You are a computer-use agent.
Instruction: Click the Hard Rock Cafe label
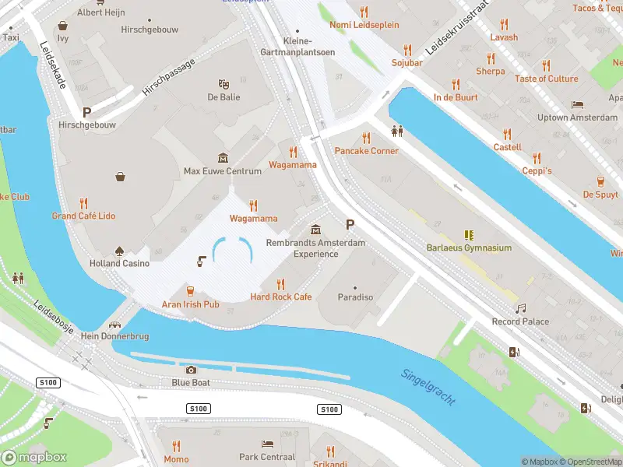[x=280, y=297]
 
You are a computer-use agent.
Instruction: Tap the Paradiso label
[x=355, y=297]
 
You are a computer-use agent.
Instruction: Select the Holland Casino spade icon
[x=120, y=251]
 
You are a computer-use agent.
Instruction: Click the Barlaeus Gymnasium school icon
[x=469, y=234]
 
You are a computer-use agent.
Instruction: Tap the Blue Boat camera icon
[x=192, y=370]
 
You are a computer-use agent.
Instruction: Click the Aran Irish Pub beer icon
[x=190, y=291]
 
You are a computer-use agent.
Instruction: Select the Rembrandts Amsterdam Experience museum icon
[x=315, y=230]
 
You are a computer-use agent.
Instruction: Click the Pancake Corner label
[x=366, y=151]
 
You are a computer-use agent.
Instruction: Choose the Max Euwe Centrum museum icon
[x=223, y=158]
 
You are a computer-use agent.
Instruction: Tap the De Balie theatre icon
[x=224, y=84]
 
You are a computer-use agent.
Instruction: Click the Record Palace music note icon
[x=520, y=308]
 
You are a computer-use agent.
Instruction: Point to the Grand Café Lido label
[x=83, y=216]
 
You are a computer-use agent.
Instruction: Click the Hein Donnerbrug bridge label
[x=115, y=336]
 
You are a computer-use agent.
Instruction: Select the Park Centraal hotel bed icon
[x=267, y=444]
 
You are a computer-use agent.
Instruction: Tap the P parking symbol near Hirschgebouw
[x=86, y=112]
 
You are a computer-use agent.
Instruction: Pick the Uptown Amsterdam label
[x=577, y=118]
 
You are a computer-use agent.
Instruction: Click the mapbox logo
[x=34, y=458]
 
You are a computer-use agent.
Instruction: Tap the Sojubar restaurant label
[x=407, y=62]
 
